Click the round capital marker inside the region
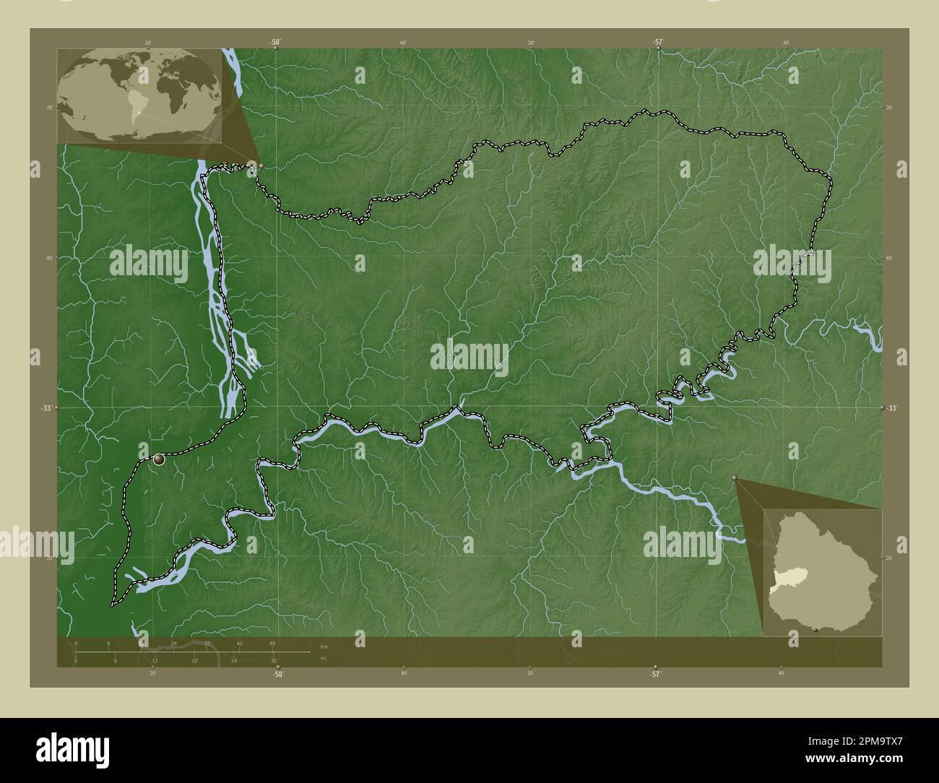click(159, 459)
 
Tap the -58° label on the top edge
click(276, 43)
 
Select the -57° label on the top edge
click(657, 43)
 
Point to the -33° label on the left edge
click(46, 408)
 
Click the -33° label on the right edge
click(892, 408)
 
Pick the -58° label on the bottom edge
click(277, 675)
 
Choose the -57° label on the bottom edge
click(655, 675)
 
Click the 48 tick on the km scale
click(272, 644)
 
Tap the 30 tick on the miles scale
click(274, 660)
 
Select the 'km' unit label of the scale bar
click(324, 646)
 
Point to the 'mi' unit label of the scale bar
click(324, 658)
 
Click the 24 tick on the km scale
click(173, 644)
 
